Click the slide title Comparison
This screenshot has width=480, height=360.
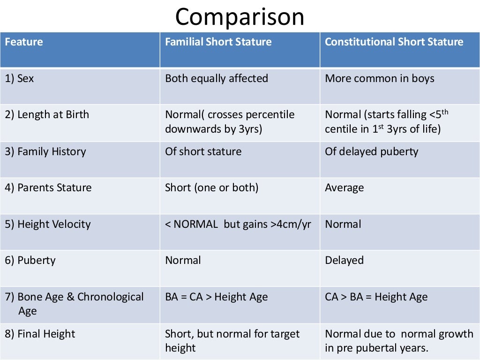pos(240,17)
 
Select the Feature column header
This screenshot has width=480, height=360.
pos(24,42)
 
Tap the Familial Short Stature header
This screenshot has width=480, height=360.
pos(218,42)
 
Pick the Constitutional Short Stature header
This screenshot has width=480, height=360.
pos(394,42)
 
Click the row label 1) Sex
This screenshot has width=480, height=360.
pos(20,78)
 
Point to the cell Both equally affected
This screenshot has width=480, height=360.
pos(217,78)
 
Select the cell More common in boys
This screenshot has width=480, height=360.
pos(379,78)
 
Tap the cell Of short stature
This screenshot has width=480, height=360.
pos(203,151)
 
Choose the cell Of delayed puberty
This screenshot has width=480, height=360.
pos(371,151)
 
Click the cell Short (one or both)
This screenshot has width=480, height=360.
pos(211,188)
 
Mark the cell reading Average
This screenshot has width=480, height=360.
pos(344,188)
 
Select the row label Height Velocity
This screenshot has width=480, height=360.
pos(48,224)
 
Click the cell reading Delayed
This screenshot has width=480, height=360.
pos(344,261)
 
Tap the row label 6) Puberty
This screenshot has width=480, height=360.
pos(30,261)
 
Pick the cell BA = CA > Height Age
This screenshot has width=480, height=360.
pos(216,297)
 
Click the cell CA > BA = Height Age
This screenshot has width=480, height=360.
pos(376,297)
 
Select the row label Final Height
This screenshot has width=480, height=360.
pos(40,334)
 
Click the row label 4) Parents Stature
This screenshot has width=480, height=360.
pos(48,188)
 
